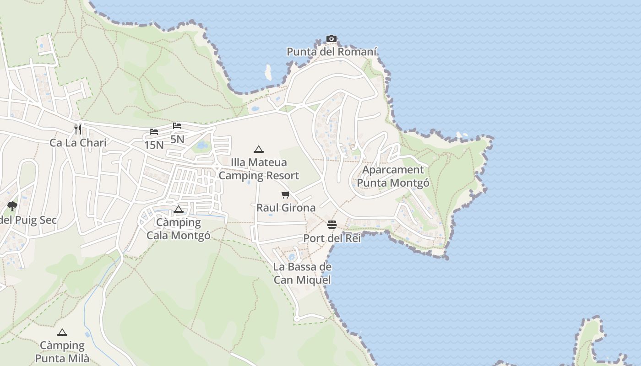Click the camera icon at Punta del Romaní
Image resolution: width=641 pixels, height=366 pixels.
[331, 39]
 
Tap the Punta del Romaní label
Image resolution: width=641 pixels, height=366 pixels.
[332, 52]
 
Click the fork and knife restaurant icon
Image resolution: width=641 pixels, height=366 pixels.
[78, 129]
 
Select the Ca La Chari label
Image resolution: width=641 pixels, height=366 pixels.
[78, 143]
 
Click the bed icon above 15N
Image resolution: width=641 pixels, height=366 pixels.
[154, 132]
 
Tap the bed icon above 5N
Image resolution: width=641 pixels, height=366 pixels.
[177, 126]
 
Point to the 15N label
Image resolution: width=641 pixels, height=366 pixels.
[154, 145]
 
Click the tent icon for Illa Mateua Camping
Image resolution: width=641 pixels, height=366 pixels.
[259, 149]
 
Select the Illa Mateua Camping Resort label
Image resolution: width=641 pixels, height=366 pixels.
[259, 169]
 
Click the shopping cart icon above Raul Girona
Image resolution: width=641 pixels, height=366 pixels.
[286, 195]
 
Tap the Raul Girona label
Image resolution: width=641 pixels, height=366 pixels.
[286, 208]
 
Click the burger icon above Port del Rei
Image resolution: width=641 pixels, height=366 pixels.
[332, 225]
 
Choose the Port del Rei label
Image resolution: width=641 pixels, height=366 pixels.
[332, 238]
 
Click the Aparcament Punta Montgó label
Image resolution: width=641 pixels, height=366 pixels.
[393, 177]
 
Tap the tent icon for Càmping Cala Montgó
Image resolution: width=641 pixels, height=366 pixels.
[179, 210]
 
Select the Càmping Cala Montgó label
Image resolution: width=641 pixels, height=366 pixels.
[179, 229]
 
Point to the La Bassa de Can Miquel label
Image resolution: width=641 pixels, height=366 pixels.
[302, 273]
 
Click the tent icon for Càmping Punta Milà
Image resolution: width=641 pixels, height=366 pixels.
[62, 332]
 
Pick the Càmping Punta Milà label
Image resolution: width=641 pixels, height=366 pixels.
[62, 352]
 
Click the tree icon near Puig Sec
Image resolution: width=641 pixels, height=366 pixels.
[12, 206]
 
